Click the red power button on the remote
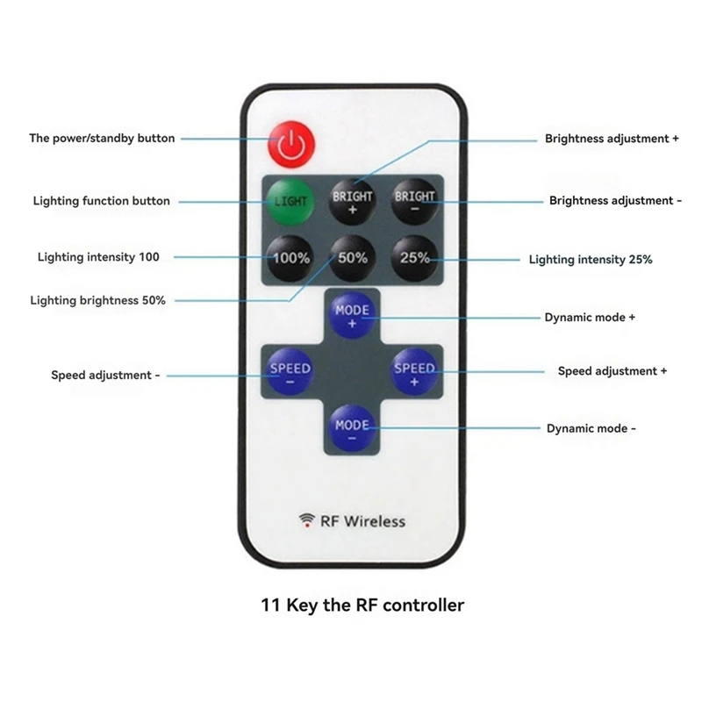tap(291, 145)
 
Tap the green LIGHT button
tap(290, 201)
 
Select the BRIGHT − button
tap(414, 201)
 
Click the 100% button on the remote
tap(290, 258)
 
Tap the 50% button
tap(352, 258)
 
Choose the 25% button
tap(414, 258)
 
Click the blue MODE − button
tap(352, 429)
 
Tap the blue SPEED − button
tap(290, 373)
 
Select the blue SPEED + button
tap(414, 373)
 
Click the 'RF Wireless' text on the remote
tap(362, 521)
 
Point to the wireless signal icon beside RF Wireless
tap(307, 520)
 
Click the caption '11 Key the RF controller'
tap(362, 605)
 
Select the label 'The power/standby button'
tap(102, 138)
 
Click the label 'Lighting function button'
tap(102, 201)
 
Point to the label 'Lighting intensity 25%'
tap(591, 260)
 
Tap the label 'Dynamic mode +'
tap(590, 317)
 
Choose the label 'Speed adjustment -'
tap(105, 375)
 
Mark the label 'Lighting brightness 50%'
tap(98, 300)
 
